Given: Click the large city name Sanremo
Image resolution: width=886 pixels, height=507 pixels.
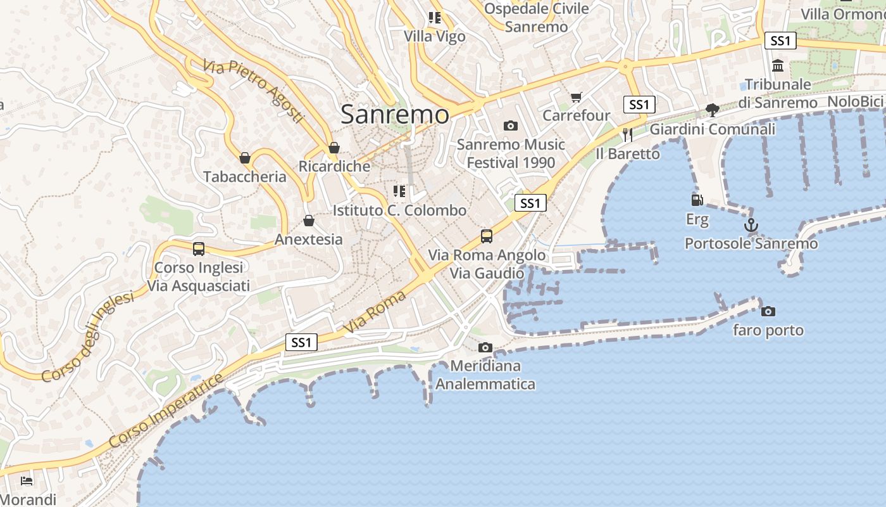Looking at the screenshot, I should (395, 115).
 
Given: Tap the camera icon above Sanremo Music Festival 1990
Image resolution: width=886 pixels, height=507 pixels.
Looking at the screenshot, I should (510, 125).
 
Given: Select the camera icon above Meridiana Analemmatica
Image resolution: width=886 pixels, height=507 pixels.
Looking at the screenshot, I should (485, 347).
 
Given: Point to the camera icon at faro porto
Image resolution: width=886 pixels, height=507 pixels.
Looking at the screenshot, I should (768, 311).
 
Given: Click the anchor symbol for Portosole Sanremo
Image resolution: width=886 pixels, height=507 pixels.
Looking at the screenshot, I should (751, 225).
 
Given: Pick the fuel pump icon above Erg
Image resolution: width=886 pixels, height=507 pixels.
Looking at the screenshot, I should (697, 200).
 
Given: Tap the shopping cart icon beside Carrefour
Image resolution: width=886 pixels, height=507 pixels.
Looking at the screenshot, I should (576, 97).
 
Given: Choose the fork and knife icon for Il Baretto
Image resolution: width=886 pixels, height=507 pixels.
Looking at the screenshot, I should (627, 134).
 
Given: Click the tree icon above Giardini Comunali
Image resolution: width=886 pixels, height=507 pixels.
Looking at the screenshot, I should (713, 110).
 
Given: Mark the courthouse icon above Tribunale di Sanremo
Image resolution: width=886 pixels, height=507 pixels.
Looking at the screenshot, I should (778, 65).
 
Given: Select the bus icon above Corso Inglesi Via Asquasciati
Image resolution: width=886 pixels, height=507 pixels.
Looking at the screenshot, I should (199, 248).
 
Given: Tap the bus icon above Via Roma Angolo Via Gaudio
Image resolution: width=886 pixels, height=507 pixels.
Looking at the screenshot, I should (486, 236).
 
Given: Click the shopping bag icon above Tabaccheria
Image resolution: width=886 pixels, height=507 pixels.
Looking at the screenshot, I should (245, 157).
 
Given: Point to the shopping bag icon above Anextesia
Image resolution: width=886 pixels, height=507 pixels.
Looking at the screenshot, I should (309, 221).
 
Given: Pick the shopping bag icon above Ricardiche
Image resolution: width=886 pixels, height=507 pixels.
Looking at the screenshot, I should (334, 148).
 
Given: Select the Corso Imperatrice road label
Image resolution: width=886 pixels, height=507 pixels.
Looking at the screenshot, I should (166, 411).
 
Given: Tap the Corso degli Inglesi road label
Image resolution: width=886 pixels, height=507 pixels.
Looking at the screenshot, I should (88, 337).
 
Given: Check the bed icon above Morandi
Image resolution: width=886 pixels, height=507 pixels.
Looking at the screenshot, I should (27, 480).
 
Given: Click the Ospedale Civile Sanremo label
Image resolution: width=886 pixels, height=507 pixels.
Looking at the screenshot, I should (537, 18).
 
